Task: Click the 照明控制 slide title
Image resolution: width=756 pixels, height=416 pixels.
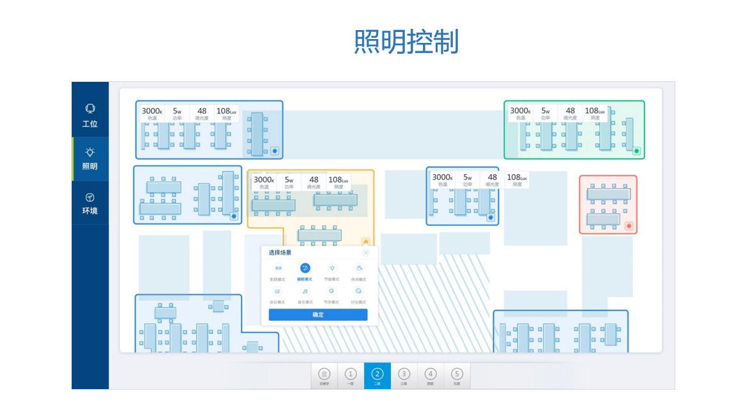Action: [406, 42]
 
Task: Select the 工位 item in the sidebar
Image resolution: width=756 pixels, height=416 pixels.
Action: [90, 115]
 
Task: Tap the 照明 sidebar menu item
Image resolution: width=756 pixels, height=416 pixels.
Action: [90, 158]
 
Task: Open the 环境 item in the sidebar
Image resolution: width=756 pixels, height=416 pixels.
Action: [90, 203]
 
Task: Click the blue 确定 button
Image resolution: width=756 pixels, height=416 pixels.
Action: [318, 315]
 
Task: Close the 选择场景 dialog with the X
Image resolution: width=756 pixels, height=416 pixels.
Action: [366, 253]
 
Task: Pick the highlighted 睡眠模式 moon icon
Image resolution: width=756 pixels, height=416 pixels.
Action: [304, 268]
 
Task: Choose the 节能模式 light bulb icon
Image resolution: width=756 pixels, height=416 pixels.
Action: [332, 268]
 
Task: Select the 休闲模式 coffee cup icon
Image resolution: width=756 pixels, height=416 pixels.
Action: [359, 268]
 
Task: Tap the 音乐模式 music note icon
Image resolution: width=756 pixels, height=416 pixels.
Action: [304, 291]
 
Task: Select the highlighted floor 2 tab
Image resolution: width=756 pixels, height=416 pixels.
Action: [377, 375]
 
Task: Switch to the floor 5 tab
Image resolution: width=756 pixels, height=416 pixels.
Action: [457, 375]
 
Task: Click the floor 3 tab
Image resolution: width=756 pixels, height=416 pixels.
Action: [404, 375]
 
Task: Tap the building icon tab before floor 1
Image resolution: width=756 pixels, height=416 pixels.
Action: [324, 375]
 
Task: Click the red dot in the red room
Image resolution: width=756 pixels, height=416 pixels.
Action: [629, 226]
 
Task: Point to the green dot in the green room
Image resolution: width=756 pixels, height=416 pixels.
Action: [636, 151]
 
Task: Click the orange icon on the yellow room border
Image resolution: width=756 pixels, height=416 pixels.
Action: [366, 242]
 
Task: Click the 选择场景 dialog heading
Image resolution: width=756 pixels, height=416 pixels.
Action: [280, 253]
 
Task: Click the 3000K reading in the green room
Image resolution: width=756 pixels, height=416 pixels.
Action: [520, 111]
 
